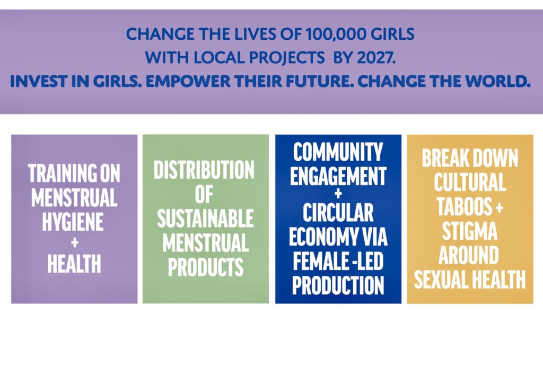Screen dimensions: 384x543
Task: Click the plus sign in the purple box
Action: pyautogui.click(x=74, y=242)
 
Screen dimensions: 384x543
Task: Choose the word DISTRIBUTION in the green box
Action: pyautogui.click(x=204, y=170)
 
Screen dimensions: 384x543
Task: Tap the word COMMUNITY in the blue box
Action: pyautogui.click(x=338, y=153)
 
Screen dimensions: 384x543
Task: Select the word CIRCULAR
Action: pyautogui.click(x=338, y=213)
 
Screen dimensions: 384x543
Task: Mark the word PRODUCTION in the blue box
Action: pyautogui.click(x=338, y=285)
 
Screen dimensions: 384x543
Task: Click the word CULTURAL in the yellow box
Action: pyautogui.click(x=470, y=183)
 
